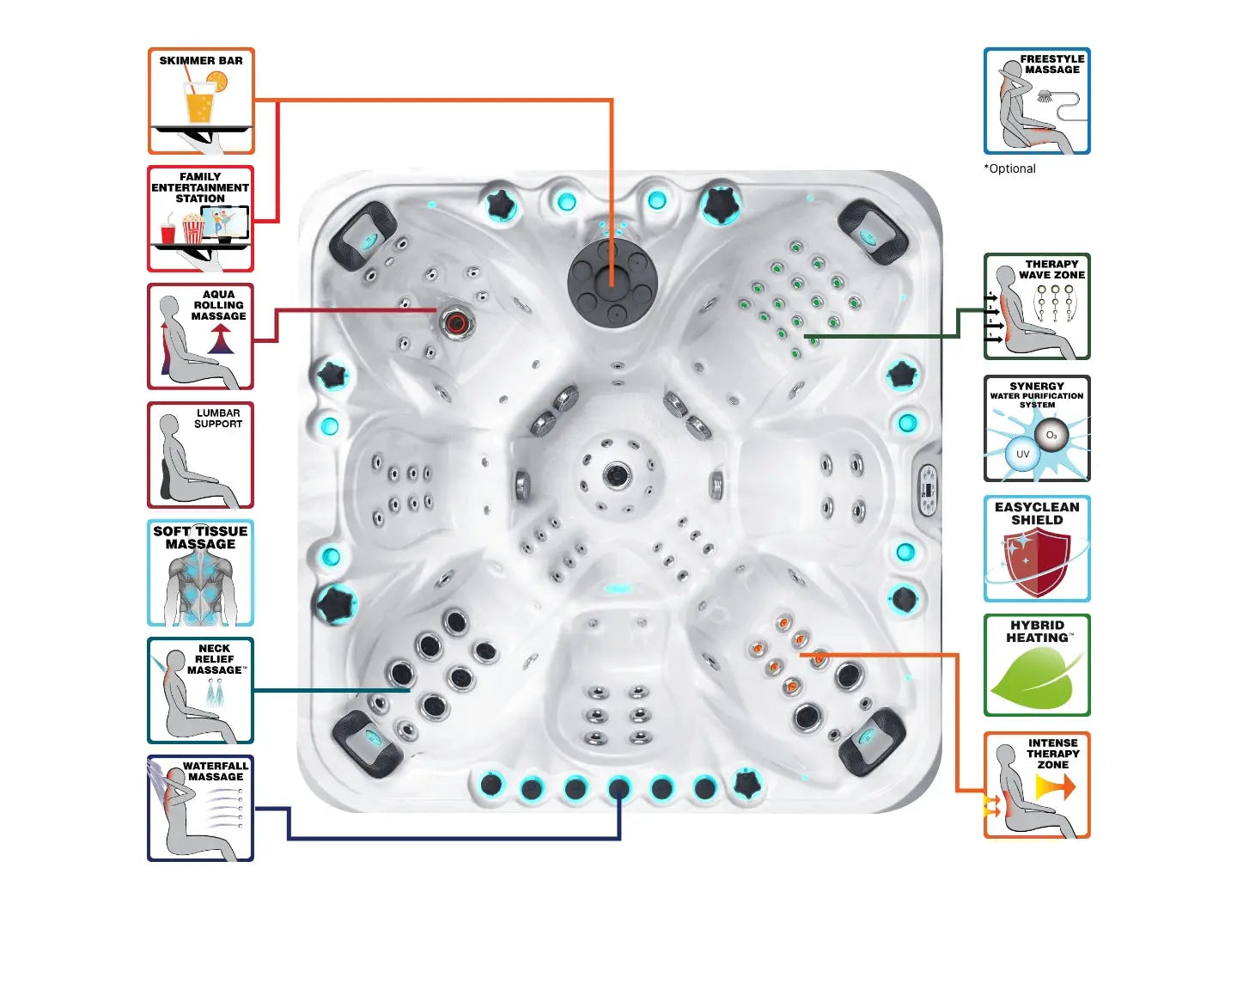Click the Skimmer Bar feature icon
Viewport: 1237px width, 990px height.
[201, 101]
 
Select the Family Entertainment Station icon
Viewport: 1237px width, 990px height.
[201, 218]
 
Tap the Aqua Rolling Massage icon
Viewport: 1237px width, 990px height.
[201, 336]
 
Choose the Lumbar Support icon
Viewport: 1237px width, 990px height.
[201, 455]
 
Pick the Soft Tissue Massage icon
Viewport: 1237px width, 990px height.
[201, 572]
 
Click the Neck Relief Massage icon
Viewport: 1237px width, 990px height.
[201, 690]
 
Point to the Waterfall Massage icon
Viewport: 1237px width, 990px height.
[201, 808]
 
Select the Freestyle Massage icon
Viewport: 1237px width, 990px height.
[1037, 101]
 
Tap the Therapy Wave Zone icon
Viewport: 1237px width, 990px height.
[1037, 306]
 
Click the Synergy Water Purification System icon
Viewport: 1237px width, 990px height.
[1037, 428]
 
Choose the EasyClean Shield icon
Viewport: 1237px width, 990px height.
[1037, 548]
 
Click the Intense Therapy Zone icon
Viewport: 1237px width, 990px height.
[1037, 785]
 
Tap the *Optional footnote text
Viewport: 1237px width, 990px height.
[1010, 168]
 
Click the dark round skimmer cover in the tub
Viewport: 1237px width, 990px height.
[612, 281]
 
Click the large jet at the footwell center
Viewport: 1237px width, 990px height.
[616, 474]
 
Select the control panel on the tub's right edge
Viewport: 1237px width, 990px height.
[928, 490]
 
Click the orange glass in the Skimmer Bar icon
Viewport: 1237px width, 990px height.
[199, 106]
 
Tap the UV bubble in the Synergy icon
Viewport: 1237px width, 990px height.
[1022, 454]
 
